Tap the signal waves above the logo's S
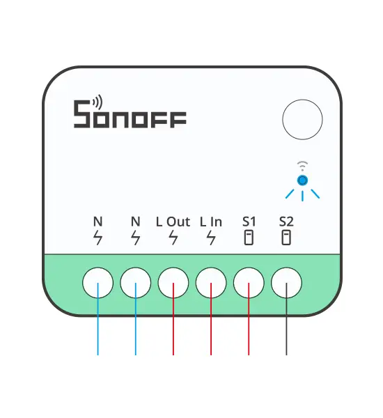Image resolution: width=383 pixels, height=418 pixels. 97,102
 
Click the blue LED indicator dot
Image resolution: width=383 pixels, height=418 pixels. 302,180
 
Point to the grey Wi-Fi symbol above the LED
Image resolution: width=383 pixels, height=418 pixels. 302,166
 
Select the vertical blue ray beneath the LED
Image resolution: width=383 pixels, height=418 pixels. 302,196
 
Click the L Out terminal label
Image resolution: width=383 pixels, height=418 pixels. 173,222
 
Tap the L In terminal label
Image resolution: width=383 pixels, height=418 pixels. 211,222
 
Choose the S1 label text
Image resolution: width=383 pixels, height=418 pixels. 249,222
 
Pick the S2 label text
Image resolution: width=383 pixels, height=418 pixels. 286,222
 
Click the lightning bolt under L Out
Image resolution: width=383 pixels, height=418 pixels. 173,238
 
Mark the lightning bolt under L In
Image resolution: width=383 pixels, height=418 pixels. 211,238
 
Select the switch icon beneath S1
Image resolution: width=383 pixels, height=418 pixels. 249,238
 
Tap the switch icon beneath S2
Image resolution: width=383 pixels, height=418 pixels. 286,238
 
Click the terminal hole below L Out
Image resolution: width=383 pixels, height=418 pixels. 173,283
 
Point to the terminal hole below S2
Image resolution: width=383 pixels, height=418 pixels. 286,283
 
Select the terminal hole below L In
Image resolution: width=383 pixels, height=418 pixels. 211,283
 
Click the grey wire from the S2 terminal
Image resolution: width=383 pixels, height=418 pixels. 286,319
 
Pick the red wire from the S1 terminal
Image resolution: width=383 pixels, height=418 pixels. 249,319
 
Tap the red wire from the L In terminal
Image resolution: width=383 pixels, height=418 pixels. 211,319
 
